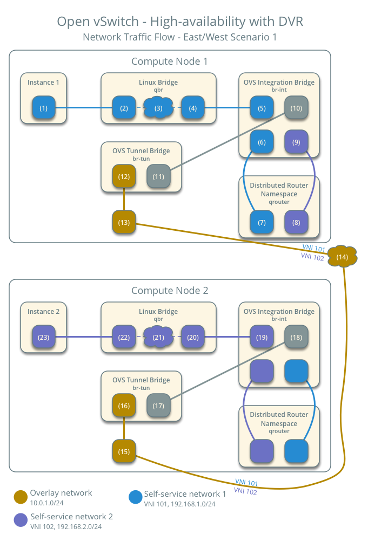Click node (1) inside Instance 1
pyautogui.click(x=43, y=108)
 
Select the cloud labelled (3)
pyautogui.click(x=158, y=108)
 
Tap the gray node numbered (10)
pyautogui.click(x=296, y=108)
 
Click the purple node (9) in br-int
pyautogui.click(x=296, y=142)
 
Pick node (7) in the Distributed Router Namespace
pyautogui.click(x=262, y=222)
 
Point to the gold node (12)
pyautogui.click(x=124, y=176)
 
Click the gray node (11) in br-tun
pyautogui.click(x=158, y=176)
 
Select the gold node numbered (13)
pyautogui.click(x=124, y=222)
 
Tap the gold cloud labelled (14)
pyautogui.click(x=342, y=257)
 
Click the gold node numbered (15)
pyautogui.click(x=124, y=451)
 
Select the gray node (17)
pyautogui.click(x=158, y=406)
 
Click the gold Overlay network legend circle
pyautogui.click(x=21, y=497)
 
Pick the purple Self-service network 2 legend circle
pyautogui.click(x=21, y=520)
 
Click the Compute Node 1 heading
pyautogui.click(x=169, y=61)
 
